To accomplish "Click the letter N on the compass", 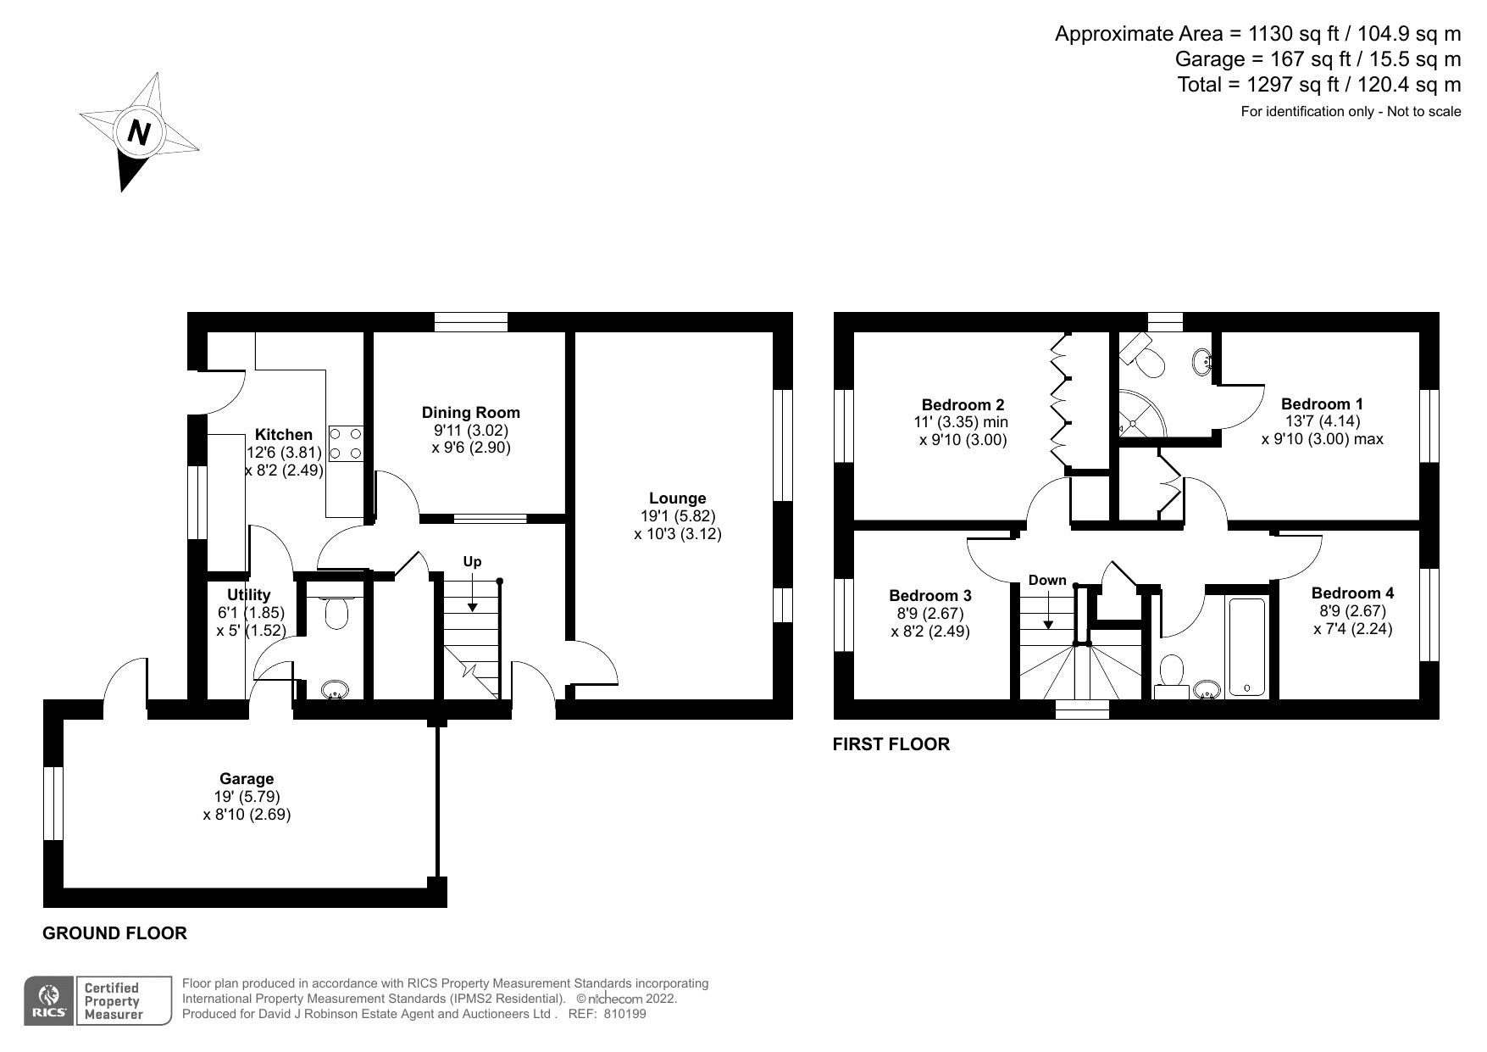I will (139, 132).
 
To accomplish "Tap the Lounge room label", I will (677, 498).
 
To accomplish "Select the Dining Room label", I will (470, 413).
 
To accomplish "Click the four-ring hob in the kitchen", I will (346, 443).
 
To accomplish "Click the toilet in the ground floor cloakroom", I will (336, 612).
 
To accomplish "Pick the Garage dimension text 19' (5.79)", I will (247, 797).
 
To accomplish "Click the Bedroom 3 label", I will (930, 596).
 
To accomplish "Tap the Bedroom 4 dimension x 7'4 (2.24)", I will (1352, 628).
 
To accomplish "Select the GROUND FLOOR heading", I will (114, 933).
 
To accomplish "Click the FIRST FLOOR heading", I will (891, 744).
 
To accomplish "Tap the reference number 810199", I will (624, 1014).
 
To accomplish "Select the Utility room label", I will (248, 595).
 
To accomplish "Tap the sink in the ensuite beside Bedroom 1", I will (1201, 363).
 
